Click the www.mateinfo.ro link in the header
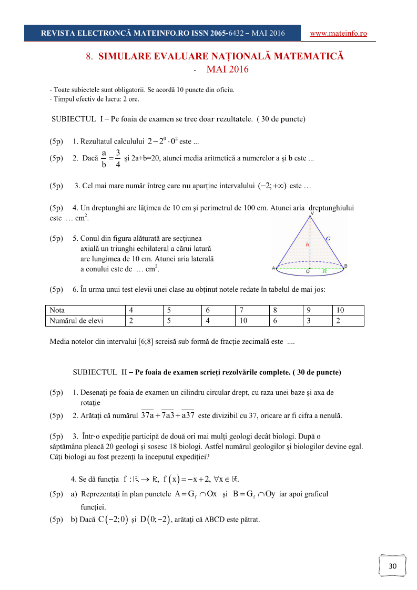click(338, 33)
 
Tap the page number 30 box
click(392, 566)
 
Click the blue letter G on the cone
click(328, 238)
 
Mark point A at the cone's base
click(273, 268)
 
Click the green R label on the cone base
click(324, 271)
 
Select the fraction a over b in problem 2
click(104, 158)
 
